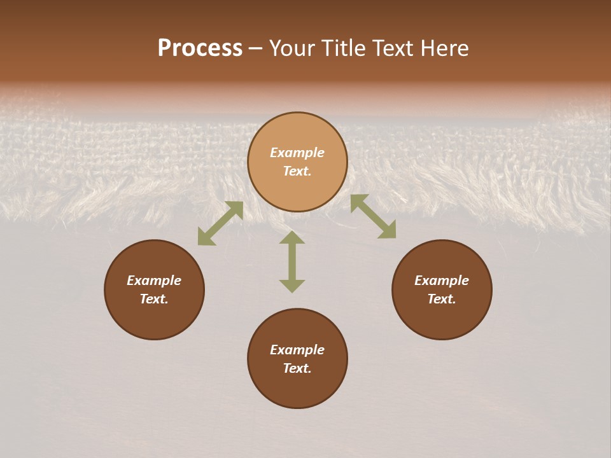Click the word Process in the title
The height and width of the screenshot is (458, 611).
click(200, 48)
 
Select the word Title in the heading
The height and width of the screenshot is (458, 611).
click(342, 48)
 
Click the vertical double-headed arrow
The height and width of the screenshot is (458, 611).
click(292, 261)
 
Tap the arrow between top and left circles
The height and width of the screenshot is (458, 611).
click(220, 223)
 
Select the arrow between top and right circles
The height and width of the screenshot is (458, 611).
click(373, 216)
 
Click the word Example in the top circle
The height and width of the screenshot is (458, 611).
click(297, 153)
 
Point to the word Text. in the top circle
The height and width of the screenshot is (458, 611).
click(297, 171)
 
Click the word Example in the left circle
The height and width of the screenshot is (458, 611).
click(154, 281)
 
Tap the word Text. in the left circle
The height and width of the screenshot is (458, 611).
click(154, 299)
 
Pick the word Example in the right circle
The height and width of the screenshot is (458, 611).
click(442, 281)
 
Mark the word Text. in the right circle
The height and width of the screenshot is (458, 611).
click(442, 299)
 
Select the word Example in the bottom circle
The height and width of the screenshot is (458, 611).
click(297, 350)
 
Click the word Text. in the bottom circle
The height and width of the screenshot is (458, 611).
click(297, 368)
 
